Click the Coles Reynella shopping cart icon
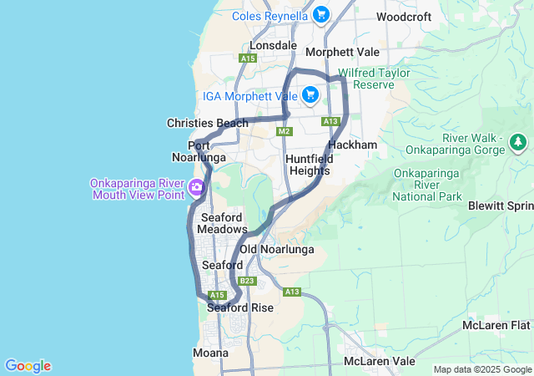click(x=321, y=14)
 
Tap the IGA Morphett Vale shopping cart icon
click(x=310, y=94)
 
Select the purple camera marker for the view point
click(x=197, y=186)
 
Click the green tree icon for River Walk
click(x=519, y=142)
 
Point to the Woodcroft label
click(x=404, y=17)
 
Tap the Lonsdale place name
click(x=273, y=45)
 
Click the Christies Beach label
click(x=208, y=123)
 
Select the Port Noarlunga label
click(x=199, y=151)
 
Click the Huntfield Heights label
click(x=308, y=165)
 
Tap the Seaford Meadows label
click(x=224, y=223)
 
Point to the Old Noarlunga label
click(x=277, y=249)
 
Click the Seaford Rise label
click(x=240, y=307)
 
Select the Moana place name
click(x=210, y=353)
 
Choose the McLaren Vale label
click(x=380, y=362)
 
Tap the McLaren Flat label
click(x=496, y=324)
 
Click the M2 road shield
click(x=285, y=131)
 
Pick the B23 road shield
click(x=246, y=281)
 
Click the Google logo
click(x=28, y=366)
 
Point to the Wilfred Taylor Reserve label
click(x=374, y=79)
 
